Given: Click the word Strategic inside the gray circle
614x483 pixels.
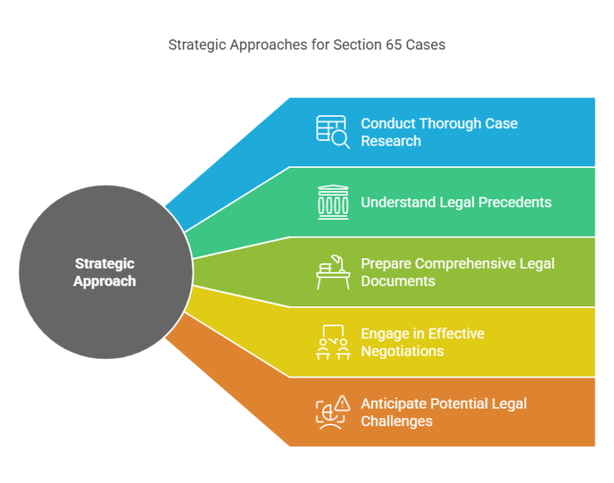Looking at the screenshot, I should (105, 263).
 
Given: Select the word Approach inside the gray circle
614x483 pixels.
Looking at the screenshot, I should (105, 281).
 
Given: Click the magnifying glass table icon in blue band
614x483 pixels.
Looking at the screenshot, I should (333, 132).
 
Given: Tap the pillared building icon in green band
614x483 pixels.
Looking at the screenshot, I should (333, 202).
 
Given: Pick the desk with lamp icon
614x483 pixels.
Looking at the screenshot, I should (333, 272).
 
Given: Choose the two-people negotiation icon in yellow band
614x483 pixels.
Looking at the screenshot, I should (333, 341).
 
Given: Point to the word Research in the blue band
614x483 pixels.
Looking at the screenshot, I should (390, 141).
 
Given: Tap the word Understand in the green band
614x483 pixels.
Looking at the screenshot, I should (398, 202).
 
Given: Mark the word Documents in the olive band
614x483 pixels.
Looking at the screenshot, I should (398, 281).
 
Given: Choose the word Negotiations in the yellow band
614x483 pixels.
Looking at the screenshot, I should (402, 351).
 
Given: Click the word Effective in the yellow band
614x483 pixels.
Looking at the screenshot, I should (457, 333).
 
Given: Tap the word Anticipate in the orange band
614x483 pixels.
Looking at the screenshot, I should (393, 403).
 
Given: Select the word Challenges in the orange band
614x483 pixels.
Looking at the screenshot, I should (397, 421).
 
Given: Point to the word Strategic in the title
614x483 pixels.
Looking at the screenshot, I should (197, 45).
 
